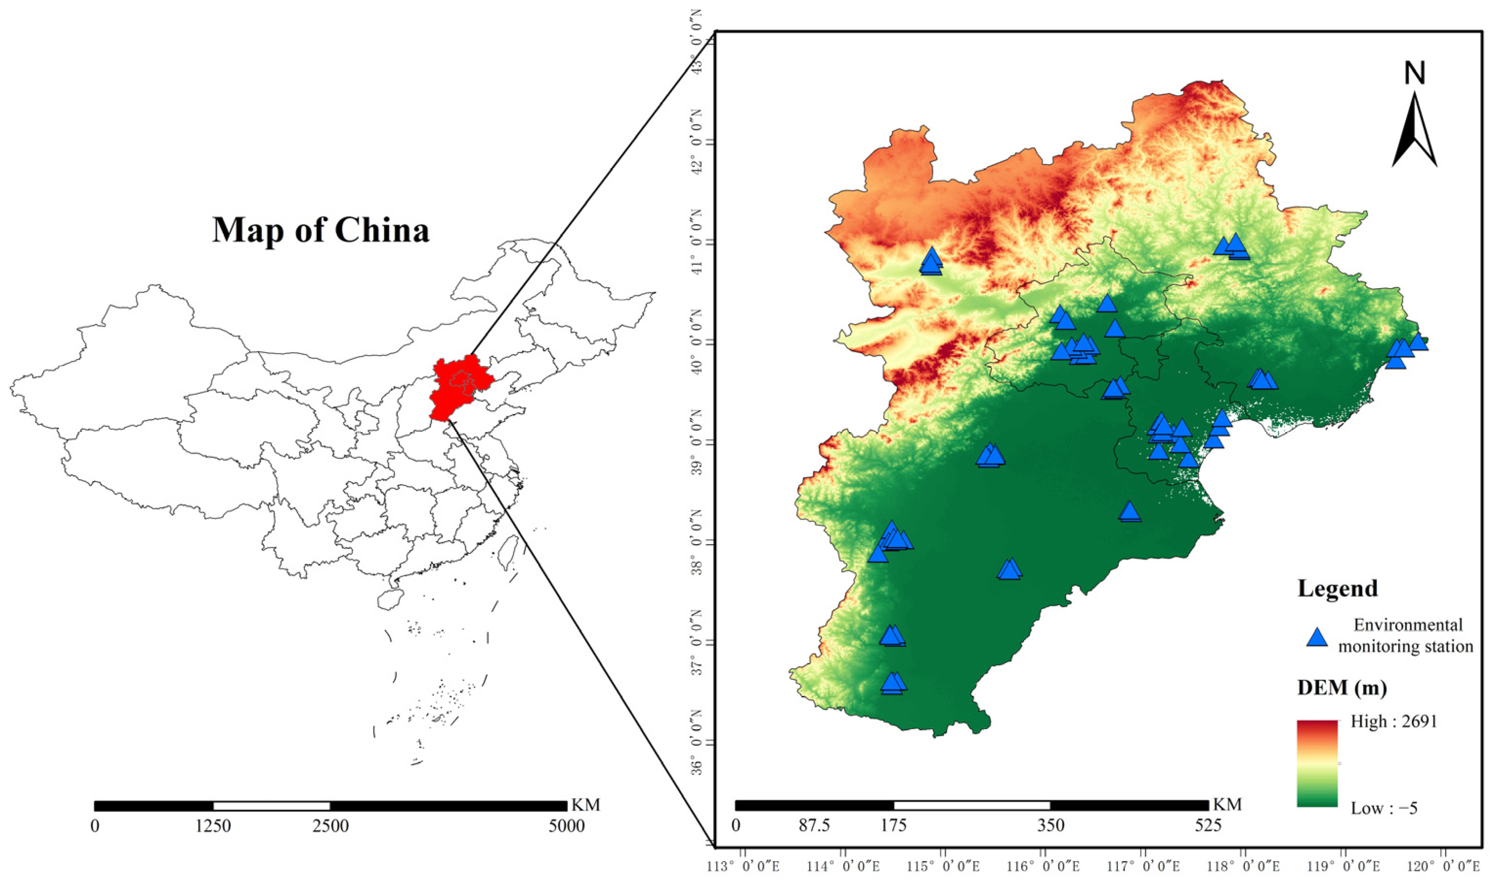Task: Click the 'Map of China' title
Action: [x=321, y=230]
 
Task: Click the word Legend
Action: [x=1337, y=589]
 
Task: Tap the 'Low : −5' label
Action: [x=1384, y=808]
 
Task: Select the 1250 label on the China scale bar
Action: [x=213, y=826]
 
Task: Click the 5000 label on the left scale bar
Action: [x=567, y=826]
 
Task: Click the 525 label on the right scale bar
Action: [x=1208, y=826]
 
